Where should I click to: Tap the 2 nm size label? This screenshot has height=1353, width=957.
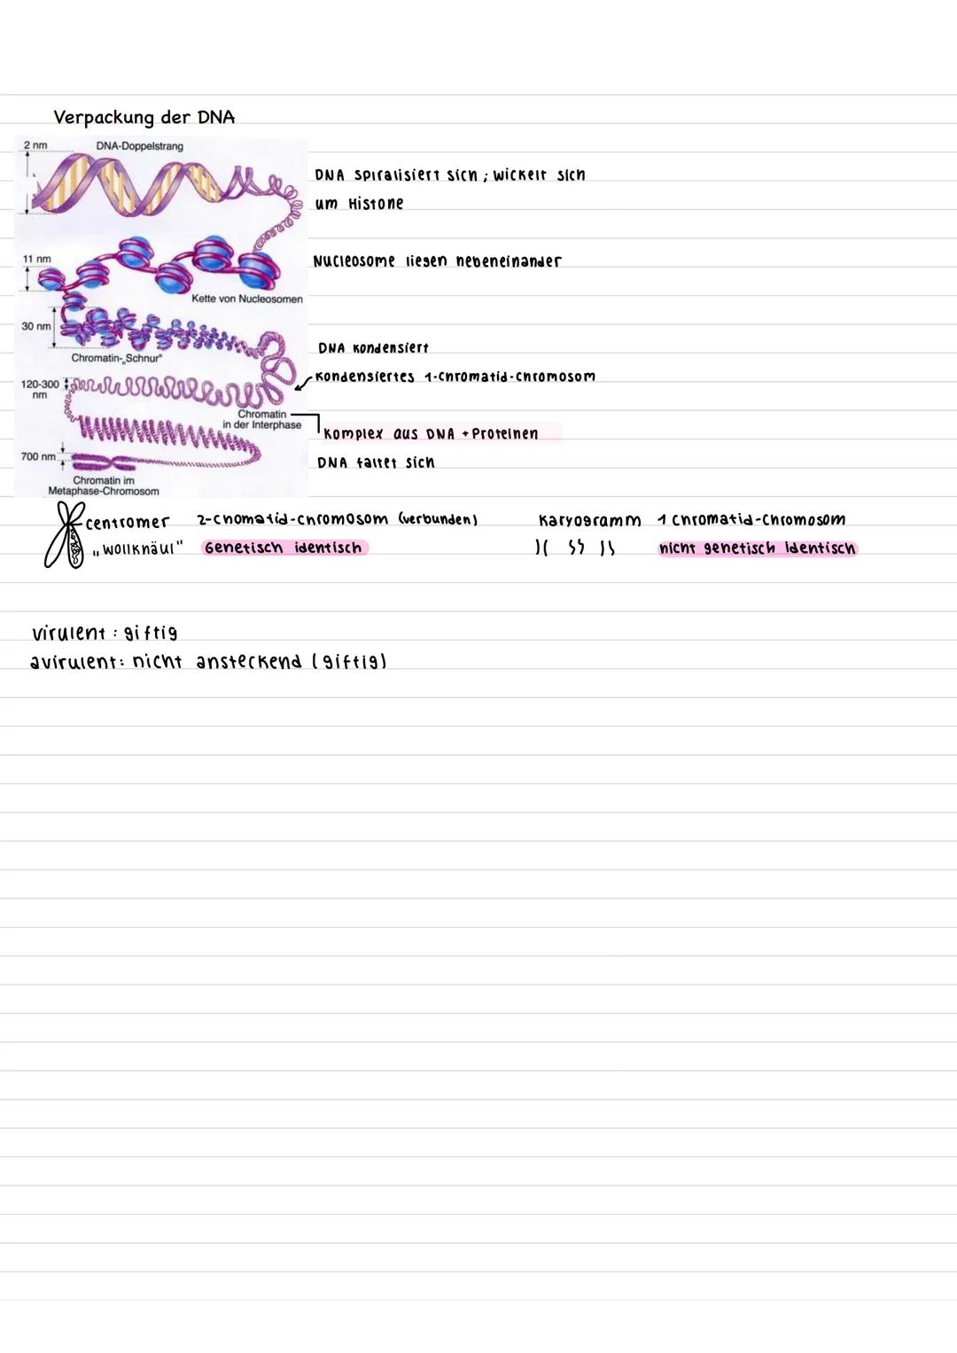click(x=35, y=144)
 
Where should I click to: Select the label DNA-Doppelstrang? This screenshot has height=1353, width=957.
click(x=138, y=145)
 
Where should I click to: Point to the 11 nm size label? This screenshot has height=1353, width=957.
click(x=36, y=259)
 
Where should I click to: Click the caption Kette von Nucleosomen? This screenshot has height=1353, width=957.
click(x=246, y=299)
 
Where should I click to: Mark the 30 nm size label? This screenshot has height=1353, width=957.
click(x=35, y=326)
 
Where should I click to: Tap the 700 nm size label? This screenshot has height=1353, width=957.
click(x=38, y=456)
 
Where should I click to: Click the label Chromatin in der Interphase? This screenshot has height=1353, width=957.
click(x=261, y=419)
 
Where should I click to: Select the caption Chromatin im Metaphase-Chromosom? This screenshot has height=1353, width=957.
click(x=104, y=486)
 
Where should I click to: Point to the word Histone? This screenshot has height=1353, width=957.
click(x=375, y=204)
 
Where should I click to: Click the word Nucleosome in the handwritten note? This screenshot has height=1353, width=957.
click(x=354, y=261)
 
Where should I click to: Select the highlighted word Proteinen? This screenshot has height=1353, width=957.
click(x=505, y=433)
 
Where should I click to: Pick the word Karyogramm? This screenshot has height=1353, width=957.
click(x=588, y=520)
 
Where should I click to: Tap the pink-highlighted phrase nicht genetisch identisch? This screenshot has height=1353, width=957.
click(x=757, y=548)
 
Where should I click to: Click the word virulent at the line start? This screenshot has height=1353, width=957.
click(x=66, y=634)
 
